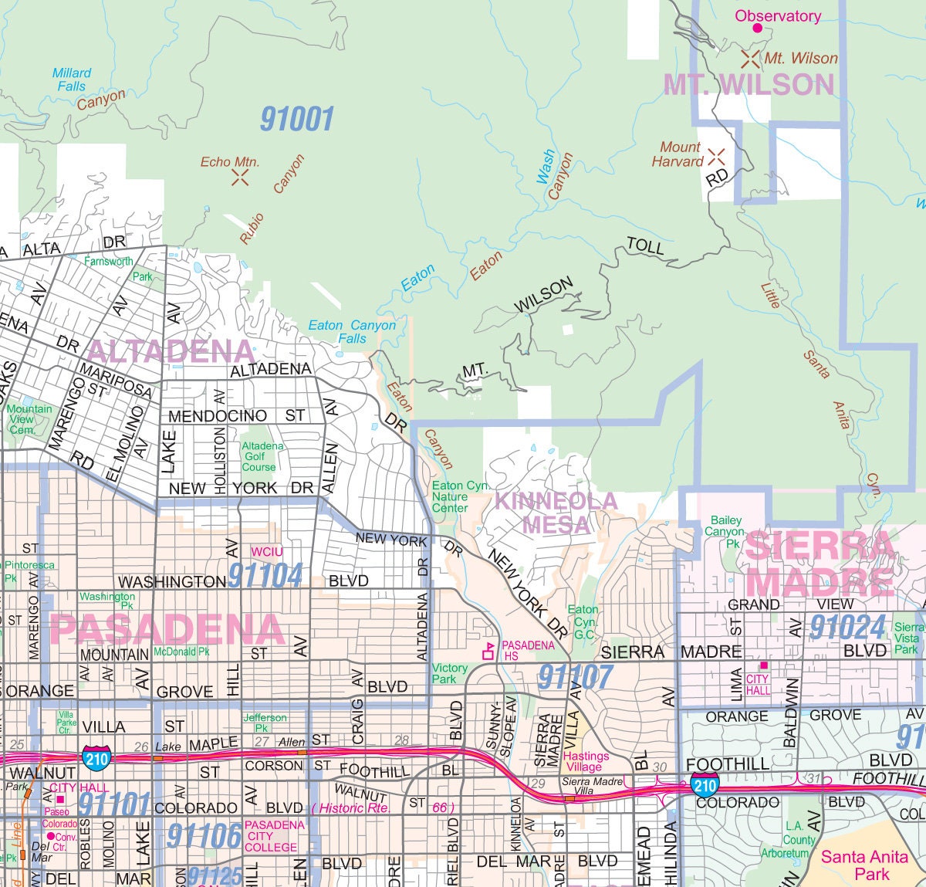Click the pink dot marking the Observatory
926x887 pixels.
(x=757, y=29)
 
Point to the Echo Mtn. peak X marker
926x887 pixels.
(x=240, y=178)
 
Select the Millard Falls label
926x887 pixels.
(x=72, y=80)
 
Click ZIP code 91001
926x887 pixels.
(x=296, y=120)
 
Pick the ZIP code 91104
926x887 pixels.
(x=265, y=576)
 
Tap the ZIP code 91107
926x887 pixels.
(x=575, y=677)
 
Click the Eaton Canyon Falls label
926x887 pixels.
(x=352, y=332)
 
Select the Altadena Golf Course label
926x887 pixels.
(x=262, y=456)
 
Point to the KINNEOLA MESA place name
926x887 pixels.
(x=556, y=513)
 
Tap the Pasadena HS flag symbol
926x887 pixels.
(x=488, y=652)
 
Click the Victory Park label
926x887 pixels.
(x=450, y=673)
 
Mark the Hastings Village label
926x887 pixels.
(x=586, y=761)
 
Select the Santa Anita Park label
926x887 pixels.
(x=864, y=865)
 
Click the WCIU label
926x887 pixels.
(x=266, y=552)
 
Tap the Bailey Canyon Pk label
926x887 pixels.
(x=725, y=531)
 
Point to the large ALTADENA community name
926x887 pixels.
(x=170, y=351)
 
